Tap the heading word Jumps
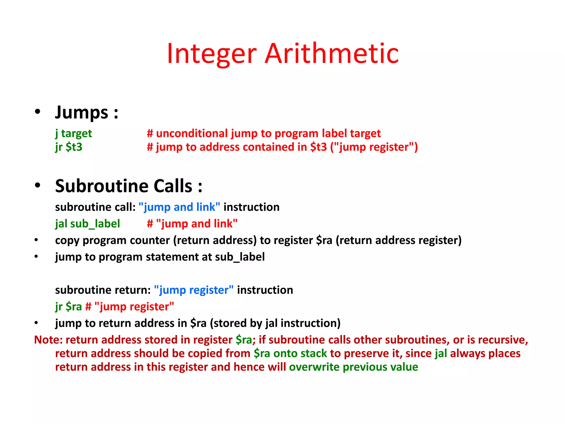[82, 113]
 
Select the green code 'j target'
[73, 134]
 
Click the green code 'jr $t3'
[69, 147]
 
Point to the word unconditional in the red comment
[193, 133]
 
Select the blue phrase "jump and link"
[179, 207]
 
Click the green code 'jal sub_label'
[87, 224]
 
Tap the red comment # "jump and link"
[192, 224]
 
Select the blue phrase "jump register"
[194, 290]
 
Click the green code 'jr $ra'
[68, 307]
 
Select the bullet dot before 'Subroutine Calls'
[38, 185]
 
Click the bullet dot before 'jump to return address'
[36, 323]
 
